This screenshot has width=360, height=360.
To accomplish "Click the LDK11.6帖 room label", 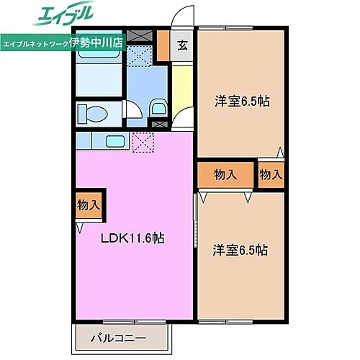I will click(x=132, y=238).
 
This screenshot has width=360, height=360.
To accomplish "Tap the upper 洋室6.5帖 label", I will click(x=241, y=102).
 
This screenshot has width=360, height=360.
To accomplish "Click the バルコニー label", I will click(x=119, y=337).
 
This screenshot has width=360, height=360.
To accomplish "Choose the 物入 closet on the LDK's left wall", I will click(x=89, y=205).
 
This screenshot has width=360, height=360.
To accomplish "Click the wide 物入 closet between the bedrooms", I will click(x=227, y=174).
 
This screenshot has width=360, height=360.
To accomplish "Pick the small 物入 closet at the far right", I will click(x=271, y=174).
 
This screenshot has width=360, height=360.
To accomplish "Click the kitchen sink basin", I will click(x=116, y=139).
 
